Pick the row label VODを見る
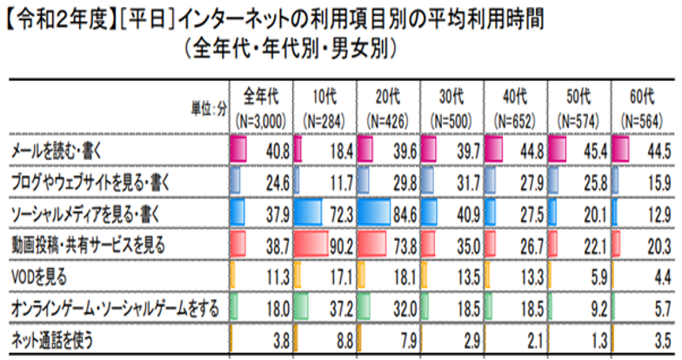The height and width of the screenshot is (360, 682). pyautogui.click(x=37, y=277)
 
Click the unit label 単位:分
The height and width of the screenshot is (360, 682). pyautogui.click(x=210, y=108)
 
